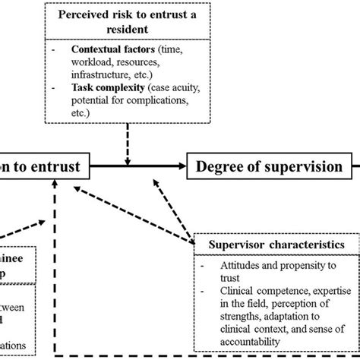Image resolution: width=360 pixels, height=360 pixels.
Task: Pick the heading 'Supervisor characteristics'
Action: tap(273, 245)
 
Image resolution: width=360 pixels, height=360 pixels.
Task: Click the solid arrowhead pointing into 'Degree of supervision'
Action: tap(183, 163)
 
